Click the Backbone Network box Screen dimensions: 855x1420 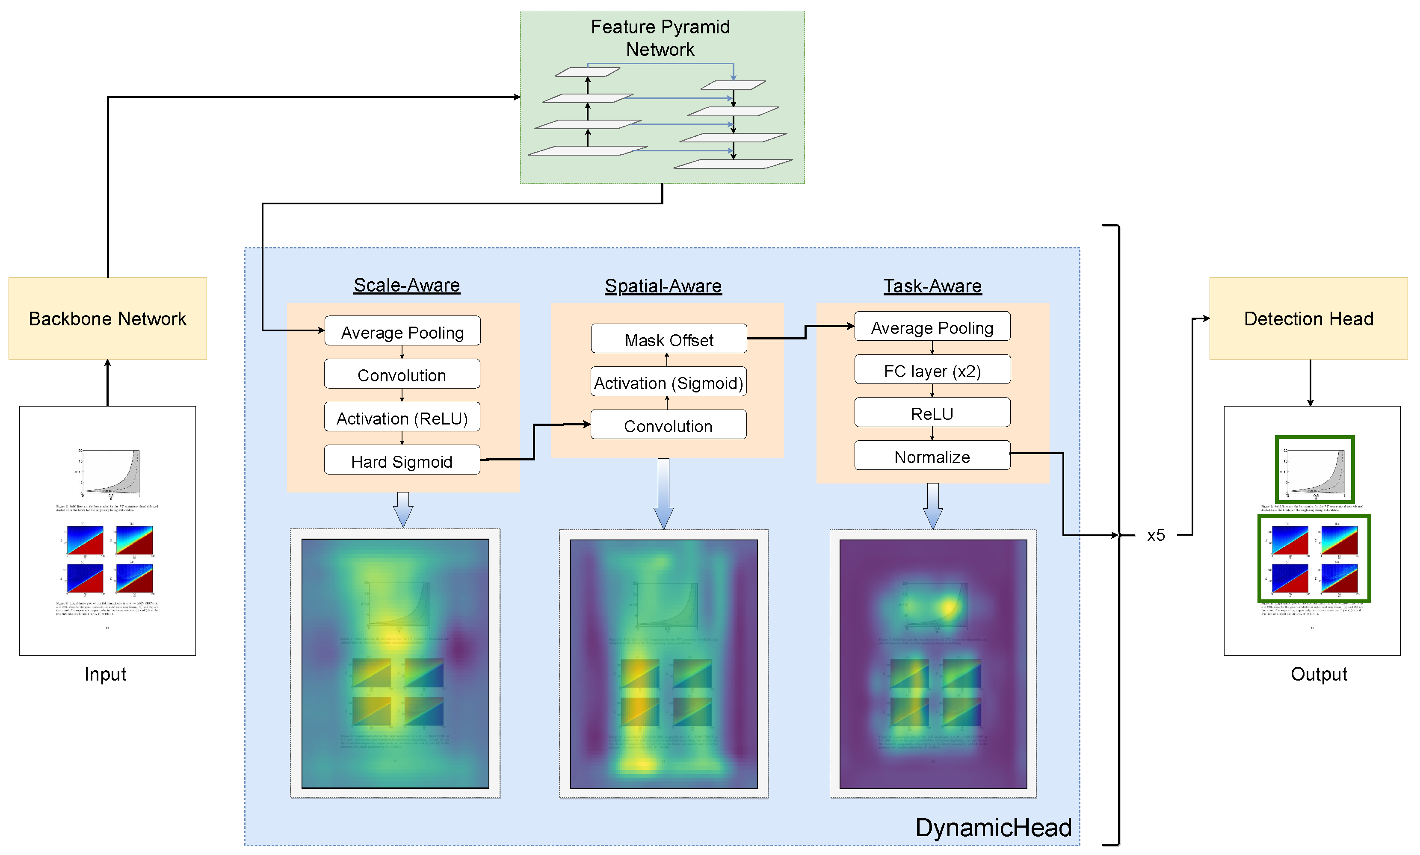[x=107, y=318]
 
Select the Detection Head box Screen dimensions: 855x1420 [x=1308, y=318]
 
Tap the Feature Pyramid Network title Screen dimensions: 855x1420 [x=660, y=38]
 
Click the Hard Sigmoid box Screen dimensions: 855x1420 [x=402, y=460]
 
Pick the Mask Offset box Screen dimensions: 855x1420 [x=669, y=339]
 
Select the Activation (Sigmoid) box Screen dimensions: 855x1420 [x=669, y=382]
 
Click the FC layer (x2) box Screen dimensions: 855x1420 [x=932, y=370]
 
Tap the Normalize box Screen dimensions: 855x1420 [x=932, y=456]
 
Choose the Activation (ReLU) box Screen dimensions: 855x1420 [x=402, y=417]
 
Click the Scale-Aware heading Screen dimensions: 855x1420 [x=406, y=285]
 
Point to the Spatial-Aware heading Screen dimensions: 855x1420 [x=663, y=286]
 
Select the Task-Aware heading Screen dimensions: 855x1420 [x=932, y=286]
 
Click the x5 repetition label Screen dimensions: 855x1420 [x=1156, y=535]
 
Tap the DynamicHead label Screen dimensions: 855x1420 [x=993, y=827]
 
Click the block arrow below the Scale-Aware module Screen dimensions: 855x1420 [x=403, y=509]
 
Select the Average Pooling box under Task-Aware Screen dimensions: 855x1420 [x=932, y=327]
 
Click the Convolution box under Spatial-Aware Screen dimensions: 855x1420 [x=669, y=425]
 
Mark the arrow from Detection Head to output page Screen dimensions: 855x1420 [x=1311, y=383]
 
